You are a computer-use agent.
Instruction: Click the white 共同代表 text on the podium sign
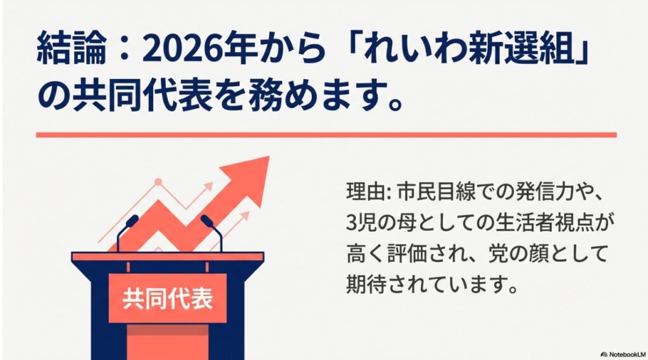tap(167, 297)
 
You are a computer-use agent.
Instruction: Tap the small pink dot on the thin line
tap(158, 182)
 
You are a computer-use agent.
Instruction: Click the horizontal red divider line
tap(326, 135)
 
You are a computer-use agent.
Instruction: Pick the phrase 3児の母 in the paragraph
tap(378, 224)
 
